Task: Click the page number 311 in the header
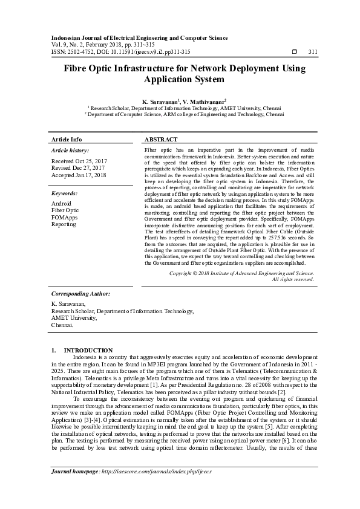tap(313, 52)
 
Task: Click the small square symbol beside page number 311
tap(294, 52)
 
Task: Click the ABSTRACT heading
tap(161, 139)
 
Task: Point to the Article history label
tap(70, 150)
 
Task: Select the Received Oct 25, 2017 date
tap(79, 161)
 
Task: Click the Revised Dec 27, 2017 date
tap(79, 168)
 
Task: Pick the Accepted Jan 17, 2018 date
tap(79, 175)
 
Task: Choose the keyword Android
tap(62, 204)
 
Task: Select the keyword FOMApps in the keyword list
tap(65, 217)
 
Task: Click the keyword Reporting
tap(64, 224)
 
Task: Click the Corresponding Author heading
tap(80, 293)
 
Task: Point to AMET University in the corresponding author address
tap(74, 317)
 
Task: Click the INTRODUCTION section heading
tap(88, 351)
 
